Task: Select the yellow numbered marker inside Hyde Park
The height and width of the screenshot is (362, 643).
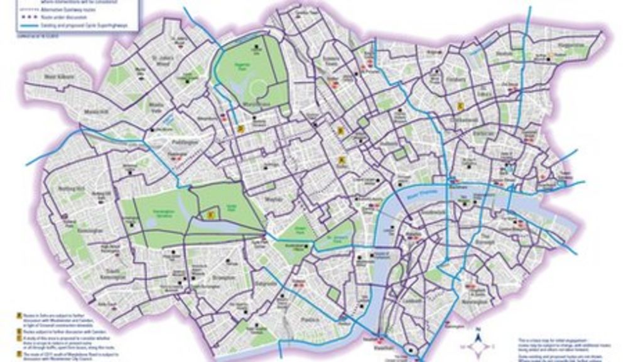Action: tap(211, 215)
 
